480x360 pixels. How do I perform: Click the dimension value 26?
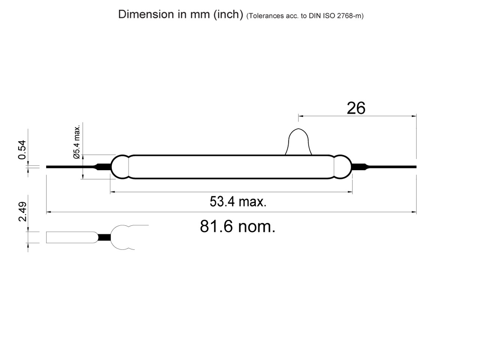355,108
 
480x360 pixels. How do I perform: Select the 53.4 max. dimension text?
238,202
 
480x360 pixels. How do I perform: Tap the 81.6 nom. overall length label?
237,226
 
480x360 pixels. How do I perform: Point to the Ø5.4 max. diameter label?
77,142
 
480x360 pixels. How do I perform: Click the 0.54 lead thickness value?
22,150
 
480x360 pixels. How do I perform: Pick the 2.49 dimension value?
22,211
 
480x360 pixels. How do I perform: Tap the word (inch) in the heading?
228,14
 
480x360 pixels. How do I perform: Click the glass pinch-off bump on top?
298,142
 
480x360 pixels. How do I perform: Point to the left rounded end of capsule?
120,166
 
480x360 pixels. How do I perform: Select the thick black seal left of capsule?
103,166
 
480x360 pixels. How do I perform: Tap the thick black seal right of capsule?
359,166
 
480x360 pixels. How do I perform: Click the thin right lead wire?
394,166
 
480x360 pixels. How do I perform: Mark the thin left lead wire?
69,166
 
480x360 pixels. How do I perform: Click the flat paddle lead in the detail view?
71,237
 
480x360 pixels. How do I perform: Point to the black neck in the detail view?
105,237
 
